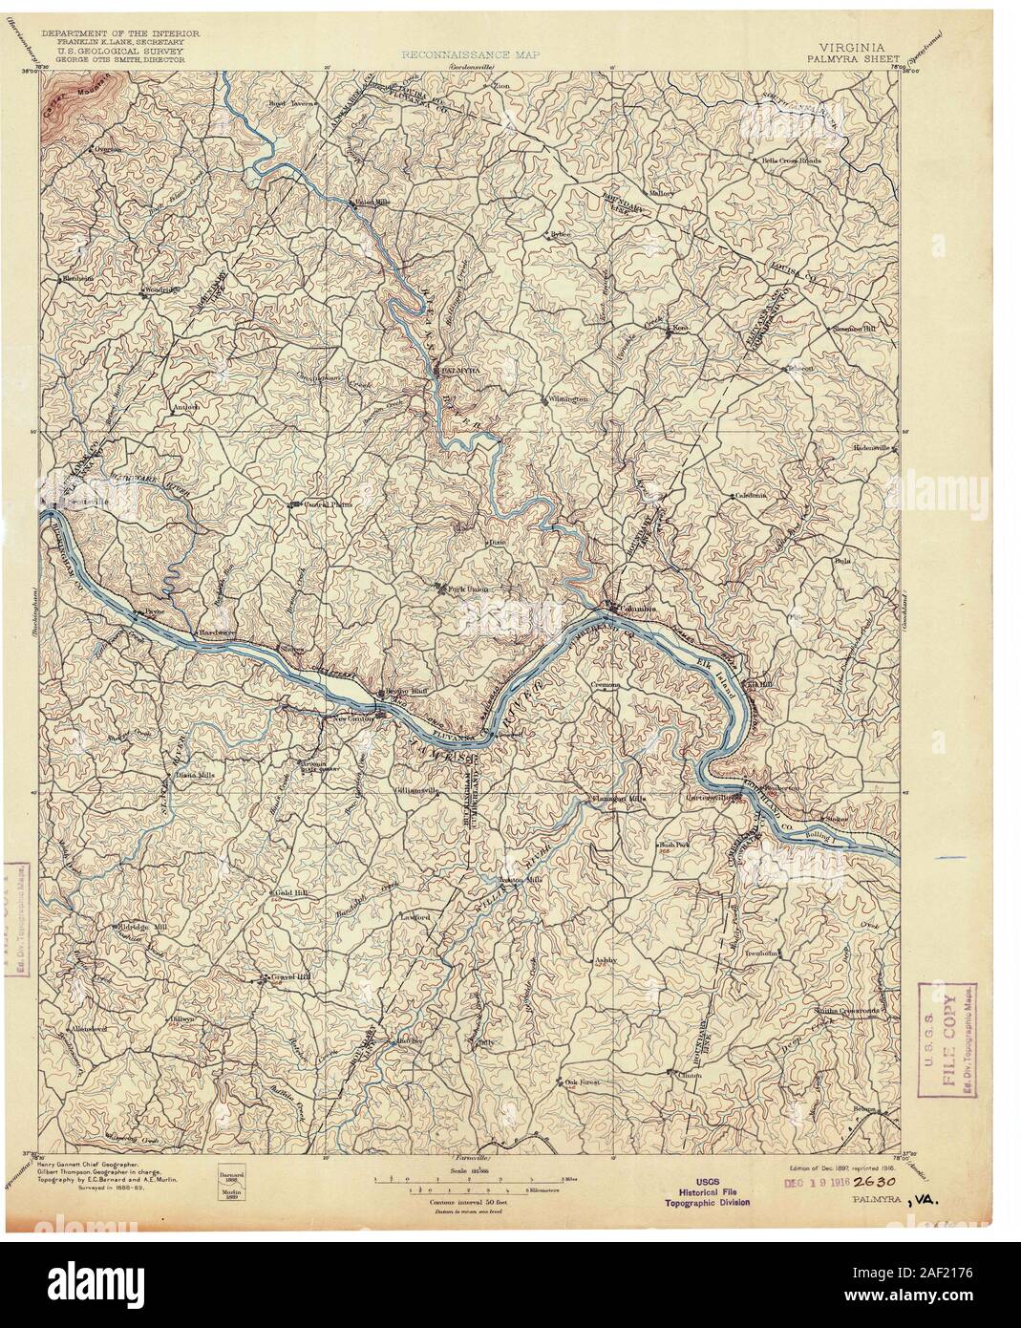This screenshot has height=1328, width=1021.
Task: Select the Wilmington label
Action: [x=567, y=398]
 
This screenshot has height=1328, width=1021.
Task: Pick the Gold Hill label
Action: [x=278, y=891]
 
